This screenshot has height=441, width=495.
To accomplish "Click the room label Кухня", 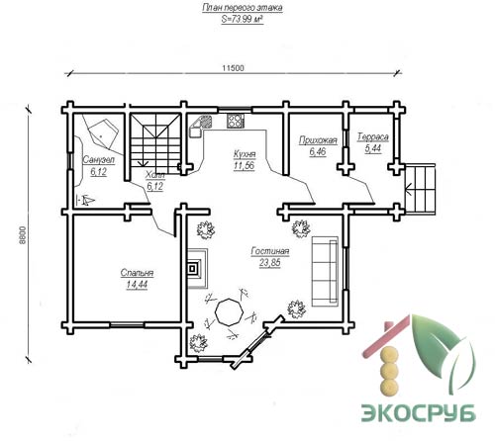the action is [245, 154].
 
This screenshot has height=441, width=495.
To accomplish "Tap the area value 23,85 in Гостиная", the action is [270, 263].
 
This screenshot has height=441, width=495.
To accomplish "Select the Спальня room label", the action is [137, 273].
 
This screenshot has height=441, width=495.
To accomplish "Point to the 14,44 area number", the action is [137, 285].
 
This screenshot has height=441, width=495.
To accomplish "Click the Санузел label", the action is [98, 160].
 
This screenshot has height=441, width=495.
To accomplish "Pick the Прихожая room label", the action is [318, 140].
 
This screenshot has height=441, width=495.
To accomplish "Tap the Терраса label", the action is [373, 137].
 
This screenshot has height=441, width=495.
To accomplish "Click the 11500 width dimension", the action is [233, 68].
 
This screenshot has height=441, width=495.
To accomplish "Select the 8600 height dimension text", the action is [22, 235].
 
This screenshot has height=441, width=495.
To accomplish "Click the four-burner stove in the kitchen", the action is [236, 121].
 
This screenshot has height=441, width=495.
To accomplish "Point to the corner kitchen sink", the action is [200, 126].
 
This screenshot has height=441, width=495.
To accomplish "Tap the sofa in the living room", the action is [325, 271].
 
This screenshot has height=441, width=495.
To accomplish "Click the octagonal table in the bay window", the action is [229, 312].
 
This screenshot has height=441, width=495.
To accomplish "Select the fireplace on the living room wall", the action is [198, 269].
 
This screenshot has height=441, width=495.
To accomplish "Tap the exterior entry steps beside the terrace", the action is [420, 189].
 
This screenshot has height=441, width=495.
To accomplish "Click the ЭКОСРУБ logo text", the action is [418, 411].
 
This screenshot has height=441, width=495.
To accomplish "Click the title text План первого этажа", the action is [243, 8].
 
